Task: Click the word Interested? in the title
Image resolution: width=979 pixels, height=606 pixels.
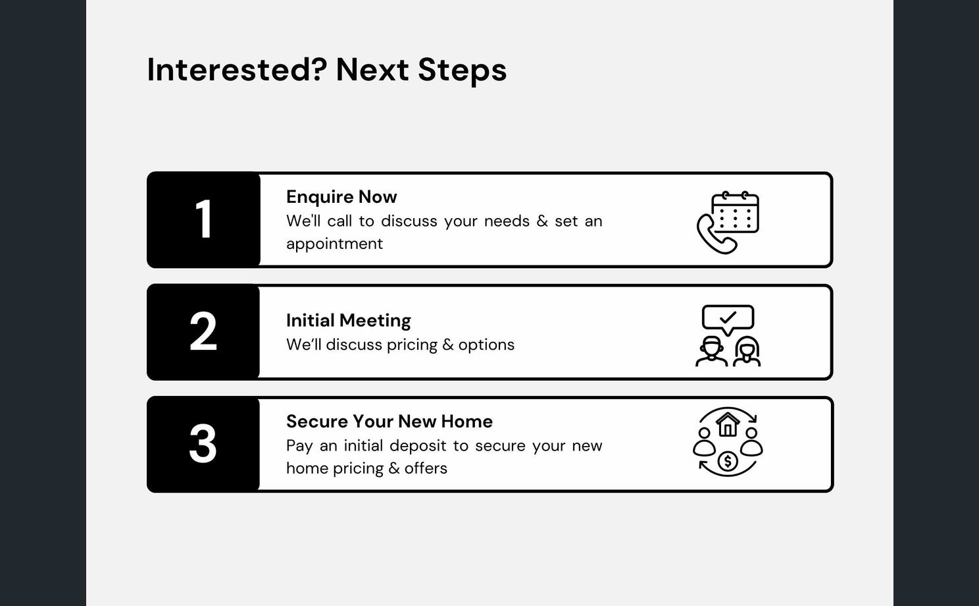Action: click(237, 70)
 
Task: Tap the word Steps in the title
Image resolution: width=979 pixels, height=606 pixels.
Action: click(463, 70)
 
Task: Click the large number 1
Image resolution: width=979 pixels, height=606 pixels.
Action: click(205, 219)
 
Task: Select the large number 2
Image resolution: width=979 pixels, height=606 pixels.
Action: click(203, 331)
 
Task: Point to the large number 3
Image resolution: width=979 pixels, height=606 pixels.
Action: click(203, 443)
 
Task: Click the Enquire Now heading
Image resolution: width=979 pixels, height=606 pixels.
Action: click(341, 197)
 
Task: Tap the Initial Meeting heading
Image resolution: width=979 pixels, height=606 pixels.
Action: click(348, 320)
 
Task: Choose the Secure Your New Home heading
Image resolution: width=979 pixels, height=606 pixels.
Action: click(389, 422)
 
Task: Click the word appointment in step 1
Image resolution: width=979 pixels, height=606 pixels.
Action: click(334, 244)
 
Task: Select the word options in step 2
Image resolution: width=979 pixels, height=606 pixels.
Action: click(486, 344)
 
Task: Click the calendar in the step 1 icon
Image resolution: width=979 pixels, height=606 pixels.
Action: click(735, 212)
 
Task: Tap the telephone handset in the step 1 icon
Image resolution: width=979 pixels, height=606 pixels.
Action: click(713, 235)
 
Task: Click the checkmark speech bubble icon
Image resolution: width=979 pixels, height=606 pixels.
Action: click(728, 319)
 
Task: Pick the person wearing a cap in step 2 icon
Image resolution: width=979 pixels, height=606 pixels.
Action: click(711, 351)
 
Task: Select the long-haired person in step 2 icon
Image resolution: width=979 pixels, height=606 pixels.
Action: click(747, 351)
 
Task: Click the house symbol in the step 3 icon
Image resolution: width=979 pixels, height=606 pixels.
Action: click(728, 425)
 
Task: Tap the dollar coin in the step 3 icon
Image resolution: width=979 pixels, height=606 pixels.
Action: click(728, 461)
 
